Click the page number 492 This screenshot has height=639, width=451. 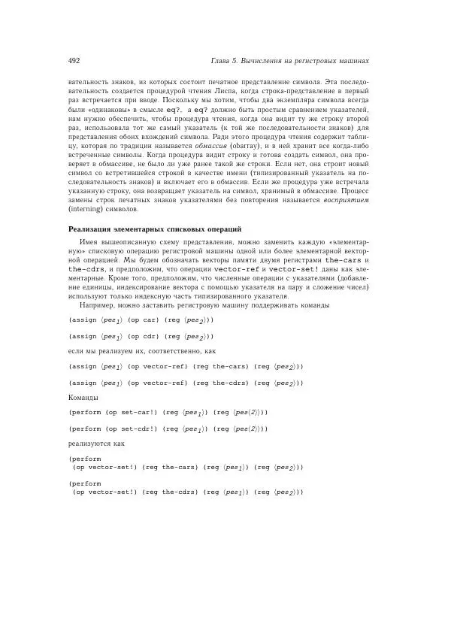[x=74, y=59]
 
